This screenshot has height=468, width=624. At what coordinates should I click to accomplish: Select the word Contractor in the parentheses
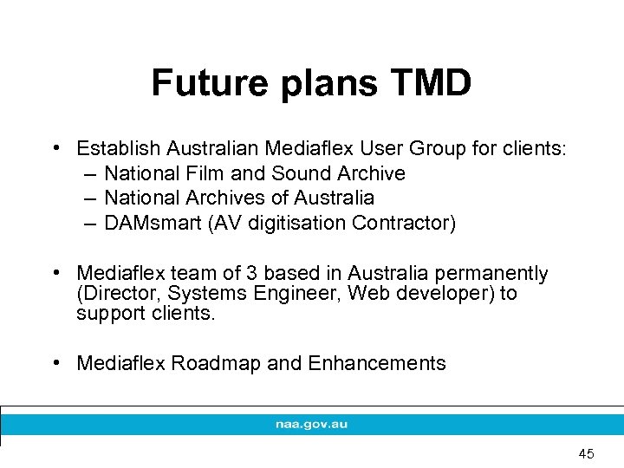click(404, 223)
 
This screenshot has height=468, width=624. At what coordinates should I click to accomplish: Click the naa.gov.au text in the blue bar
click(311, 425)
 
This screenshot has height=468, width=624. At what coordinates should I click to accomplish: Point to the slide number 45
click(586, 453)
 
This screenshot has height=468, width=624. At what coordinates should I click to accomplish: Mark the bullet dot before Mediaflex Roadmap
click(57, 362)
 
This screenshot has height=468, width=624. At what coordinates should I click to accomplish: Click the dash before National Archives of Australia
click(89, 198)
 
